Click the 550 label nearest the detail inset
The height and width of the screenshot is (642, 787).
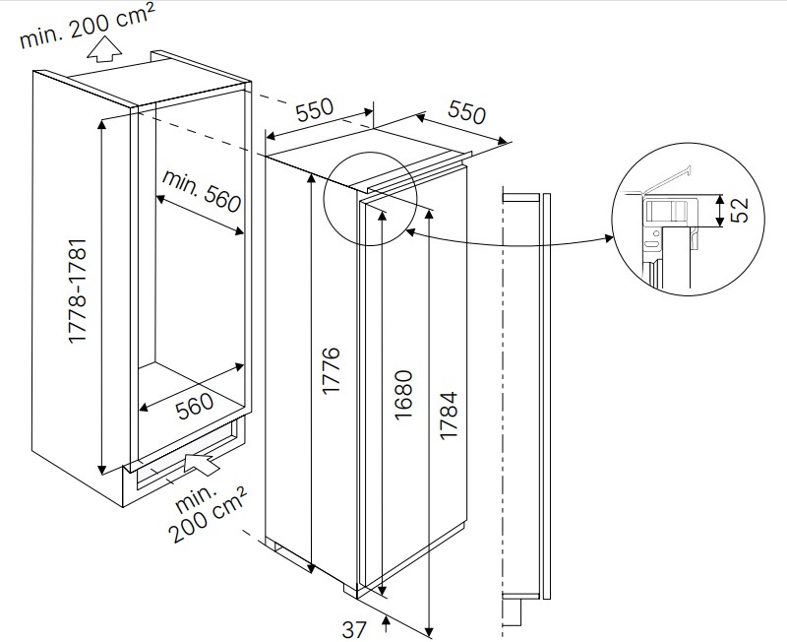click(x=468, y=111)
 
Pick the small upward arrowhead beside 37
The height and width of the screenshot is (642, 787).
click(x=387, y=619)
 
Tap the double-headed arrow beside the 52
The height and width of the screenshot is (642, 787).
click(x=721, y=210)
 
